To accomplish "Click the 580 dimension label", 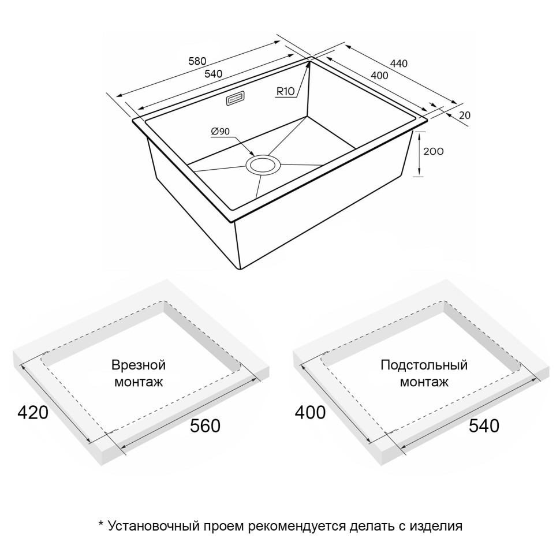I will click(x=198, y=61).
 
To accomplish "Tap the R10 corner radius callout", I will click(x=286, y=91).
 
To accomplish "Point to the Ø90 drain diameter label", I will click(x=221, y=132).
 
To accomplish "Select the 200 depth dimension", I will click(x=433, y=152).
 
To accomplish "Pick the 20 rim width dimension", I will click(x=464, y=115).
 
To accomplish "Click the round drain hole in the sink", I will click(x=264, y=165).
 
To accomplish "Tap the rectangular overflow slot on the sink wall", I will click(x=235, y=98).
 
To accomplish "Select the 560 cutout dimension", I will click(x=206, y=426).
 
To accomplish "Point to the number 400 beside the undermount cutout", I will click(x=311, y=413).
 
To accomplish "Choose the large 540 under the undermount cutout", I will click(x=484, y=426).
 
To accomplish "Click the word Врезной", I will click(x=139, y=365).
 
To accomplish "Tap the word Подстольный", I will click(x=424, y=365).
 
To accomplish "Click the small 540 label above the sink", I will click(x=213, y=74).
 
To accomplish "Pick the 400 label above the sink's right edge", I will click(x=378, y=76).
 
